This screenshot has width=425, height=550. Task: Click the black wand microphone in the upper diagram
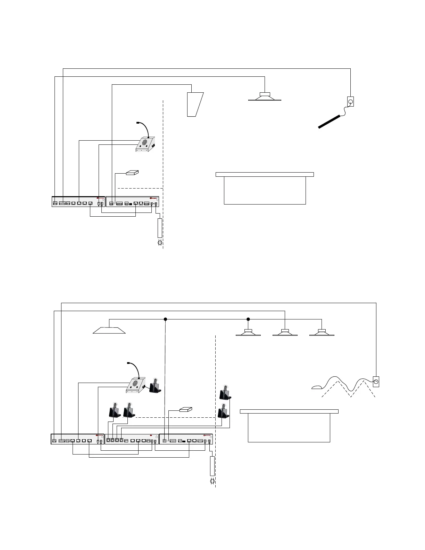tap(329, 122)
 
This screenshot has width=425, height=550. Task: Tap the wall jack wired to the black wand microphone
tap(351, 102)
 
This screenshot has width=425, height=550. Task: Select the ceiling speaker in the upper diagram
tap(265, 97)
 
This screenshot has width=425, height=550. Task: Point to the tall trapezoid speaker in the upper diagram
tap(194, 105)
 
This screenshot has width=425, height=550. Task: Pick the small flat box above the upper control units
tap(132, 173)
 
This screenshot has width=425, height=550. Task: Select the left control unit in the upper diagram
tap(78, 202)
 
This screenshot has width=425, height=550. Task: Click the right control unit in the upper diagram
tap(132, 202)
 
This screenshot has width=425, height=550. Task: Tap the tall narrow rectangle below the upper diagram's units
tap(160, 228)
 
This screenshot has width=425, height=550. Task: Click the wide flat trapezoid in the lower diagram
tap(109, 330)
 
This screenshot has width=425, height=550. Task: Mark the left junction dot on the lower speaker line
tap(166, 319)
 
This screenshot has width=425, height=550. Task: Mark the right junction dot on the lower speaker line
tap(248, 319)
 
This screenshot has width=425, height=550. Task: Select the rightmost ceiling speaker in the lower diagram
tap(322, 332)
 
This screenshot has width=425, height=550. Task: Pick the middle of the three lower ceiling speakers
tap(285, 332)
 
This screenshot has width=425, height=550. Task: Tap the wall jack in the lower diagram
tap(376, 382)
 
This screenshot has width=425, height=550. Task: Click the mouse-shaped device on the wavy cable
tap(317, 387)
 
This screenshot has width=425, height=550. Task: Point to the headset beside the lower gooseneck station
tap(155, 386)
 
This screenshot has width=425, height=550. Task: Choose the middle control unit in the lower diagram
tap(132, 439)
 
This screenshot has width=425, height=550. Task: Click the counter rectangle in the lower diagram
tap(289, 426)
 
